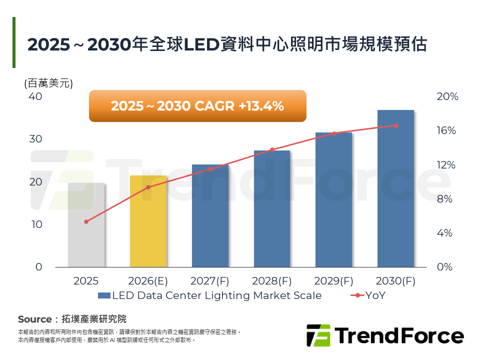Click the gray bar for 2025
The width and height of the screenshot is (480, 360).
(x=86, y=225)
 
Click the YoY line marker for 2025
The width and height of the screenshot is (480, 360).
(x=86, y=221)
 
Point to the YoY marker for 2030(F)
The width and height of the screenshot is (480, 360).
(x=396, y=125)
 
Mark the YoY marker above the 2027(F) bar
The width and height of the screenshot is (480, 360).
(x=210, y=169)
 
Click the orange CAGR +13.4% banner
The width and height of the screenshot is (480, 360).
(x=197, y=106)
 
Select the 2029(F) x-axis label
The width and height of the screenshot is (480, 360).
(x=333, y=281)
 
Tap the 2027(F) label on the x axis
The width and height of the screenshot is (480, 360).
(x=210, y=281)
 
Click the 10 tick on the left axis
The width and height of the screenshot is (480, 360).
(x=36, y=224)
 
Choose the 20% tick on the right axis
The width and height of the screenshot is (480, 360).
(x=447, y=96)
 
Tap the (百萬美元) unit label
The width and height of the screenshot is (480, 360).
(x=48, y=83)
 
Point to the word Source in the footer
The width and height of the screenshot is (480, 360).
(x=34, y=319)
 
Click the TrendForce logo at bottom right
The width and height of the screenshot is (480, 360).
(x=385, y=335)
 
